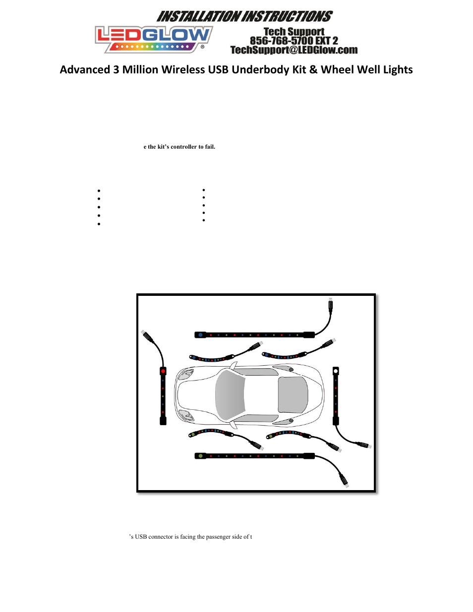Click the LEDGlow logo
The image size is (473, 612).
(154, 39)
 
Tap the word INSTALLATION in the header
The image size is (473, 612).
(198, 17)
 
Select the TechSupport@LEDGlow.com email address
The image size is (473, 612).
(294, 50)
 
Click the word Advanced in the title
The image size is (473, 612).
(85, 70)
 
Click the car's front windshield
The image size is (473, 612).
(230, 395)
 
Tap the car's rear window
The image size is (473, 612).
(293, 395)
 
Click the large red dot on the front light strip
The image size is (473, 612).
(163, 371)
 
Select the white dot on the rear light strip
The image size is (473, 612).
(336, 371)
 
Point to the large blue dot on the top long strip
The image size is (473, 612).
(200, 335)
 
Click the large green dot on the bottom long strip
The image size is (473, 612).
(200, 456)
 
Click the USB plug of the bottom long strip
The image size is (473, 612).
(344, 480)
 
